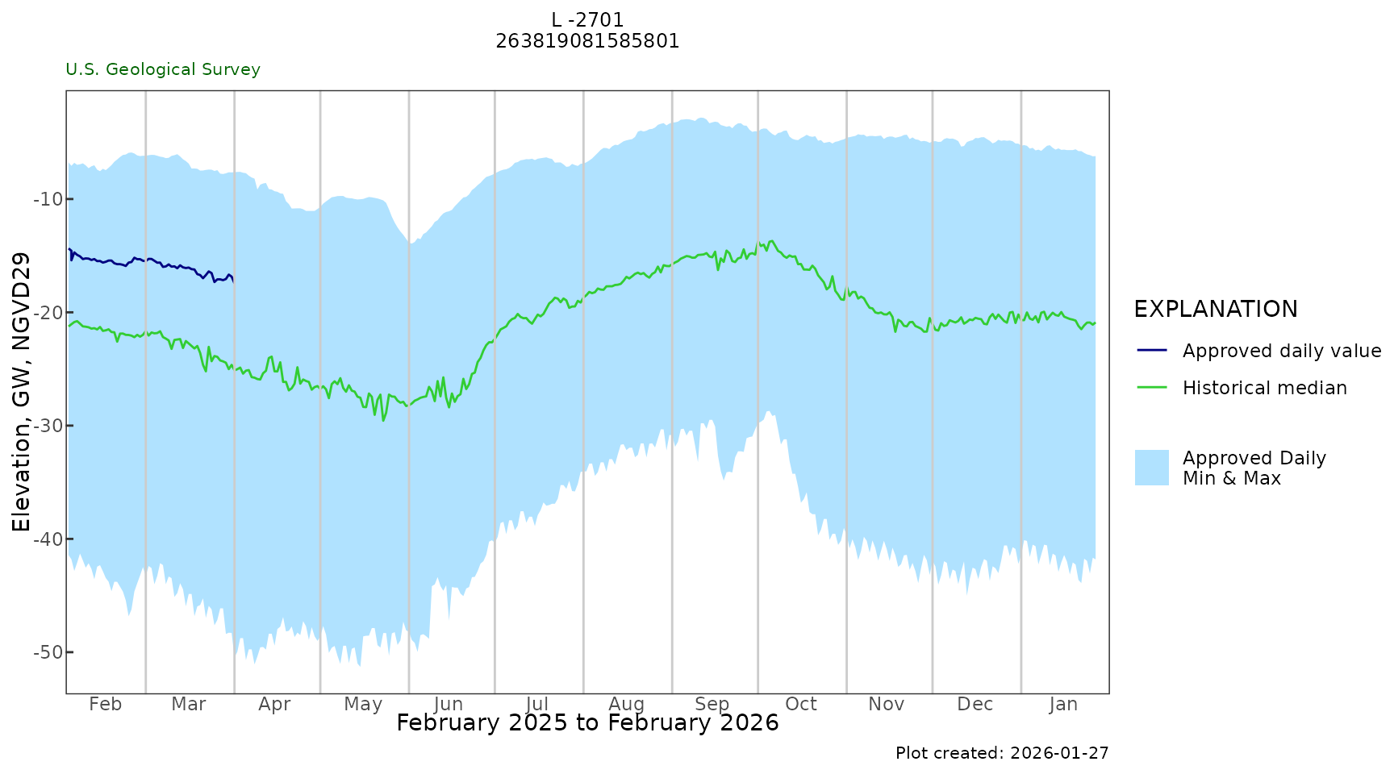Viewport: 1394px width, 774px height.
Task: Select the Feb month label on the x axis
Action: coord(106,705)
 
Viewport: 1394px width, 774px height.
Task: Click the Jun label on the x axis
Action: coord(449,705)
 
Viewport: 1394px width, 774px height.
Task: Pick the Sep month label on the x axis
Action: coord(712,705)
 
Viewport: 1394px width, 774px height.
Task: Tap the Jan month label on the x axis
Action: coord(1063,705)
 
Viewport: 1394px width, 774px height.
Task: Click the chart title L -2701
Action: coord(587,20)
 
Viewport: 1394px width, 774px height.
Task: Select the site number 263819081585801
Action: coord(587,41)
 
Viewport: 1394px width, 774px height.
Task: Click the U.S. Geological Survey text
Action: coord(163,70)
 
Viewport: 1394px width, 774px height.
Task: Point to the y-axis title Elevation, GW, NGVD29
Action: coord(22,392)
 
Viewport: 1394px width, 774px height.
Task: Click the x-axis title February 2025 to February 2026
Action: coord(587,723)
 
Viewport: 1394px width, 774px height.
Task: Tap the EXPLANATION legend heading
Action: coord(1216,310)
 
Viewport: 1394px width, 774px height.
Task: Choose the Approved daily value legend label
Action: coord(1282,351)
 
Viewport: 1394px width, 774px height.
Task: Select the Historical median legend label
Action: coord(1265,388)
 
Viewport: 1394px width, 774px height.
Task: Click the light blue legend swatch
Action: coord(1151,468)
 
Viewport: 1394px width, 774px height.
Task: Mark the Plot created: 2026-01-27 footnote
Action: coord(1002,753)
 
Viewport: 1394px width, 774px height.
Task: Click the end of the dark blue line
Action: coord(233,281)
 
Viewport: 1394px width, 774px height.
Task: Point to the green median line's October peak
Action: coord(771,241)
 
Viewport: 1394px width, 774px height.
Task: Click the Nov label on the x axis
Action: coord(887,705)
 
